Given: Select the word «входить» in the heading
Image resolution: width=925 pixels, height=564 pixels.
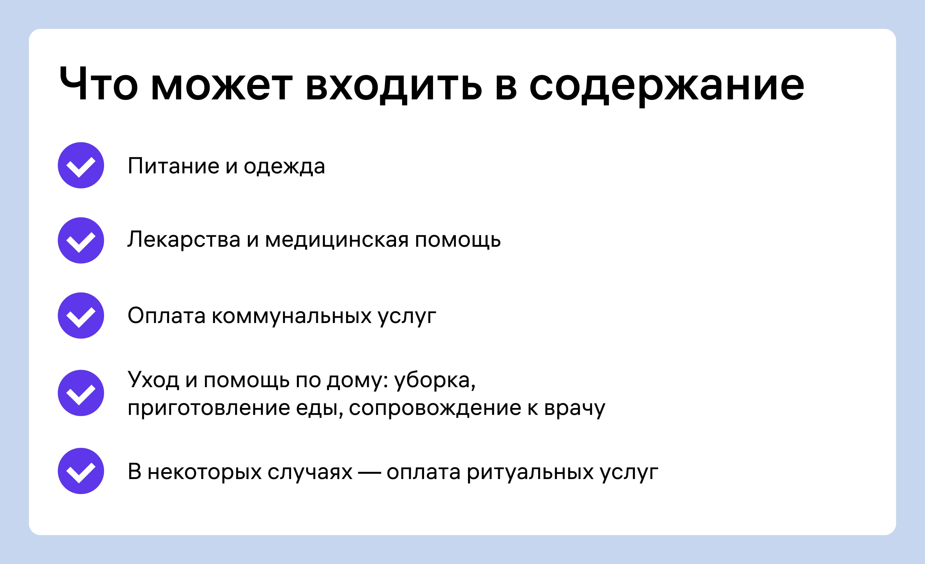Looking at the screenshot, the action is coord(394,87).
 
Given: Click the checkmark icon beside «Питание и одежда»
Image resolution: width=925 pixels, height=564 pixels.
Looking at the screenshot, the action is coord(81,165).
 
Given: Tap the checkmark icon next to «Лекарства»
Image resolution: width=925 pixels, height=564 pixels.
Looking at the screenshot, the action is coord(81,240).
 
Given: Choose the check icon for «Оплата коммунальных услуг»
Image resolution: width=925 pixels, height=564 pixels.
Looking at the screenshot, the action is coord(81,315).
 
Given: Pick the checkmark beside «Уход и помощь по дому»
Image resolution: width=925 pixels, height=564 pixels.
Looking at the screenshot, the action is coord(81,393).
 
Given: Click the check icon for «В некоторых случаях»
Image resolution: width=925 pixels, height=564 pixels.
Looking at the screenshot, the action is coord(81,471).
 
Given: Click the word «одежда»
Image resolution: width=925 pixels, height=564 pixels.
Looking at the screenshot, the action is coord(284,167).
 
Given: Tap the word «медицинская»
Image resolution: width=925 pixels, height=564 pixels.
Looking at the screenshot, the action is coord(337,240).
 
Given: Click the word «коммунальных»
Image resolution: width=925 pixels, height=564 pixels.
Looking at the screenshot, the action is coord(292,316).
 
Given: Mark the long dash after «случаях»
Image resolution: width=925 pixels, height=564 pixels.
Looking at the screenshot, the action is coord(369,472).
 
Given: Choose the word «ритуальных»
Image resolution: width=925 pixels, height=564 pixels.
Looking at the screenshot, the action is coord(530,473).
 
